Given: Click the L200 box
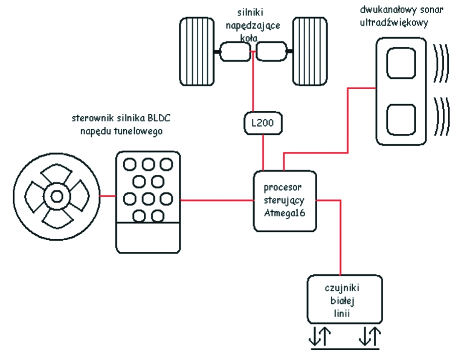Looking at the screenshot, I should click(264, 124).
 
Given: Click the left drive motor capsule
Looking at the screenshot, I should click(235, 51).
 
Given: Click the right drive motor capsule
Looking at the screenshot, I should click(271, 51).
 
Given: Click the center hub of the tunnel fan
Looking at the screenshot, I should click(55, 196).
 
